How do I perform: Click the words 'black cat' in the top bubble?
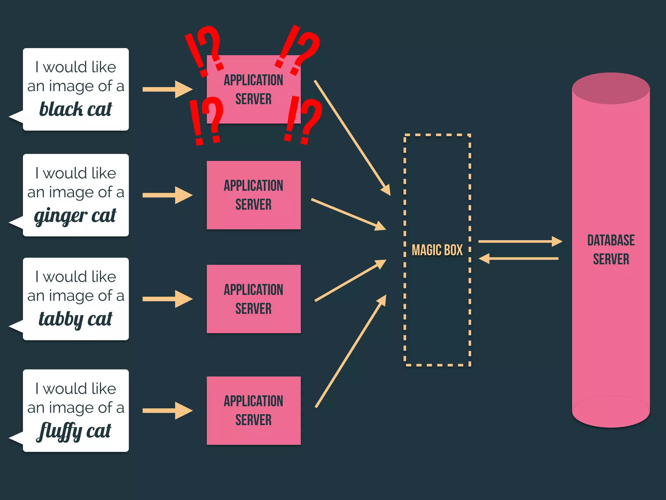click(x=75, y=109)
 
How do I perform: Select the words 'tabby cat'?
click(x=75, y=319)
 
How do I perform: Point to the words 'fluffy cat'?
click(x=74, y=431)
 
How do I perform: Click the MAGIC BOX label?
click(x=437, y=250)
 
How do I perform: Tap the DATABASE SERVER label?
click(x=611, y=250)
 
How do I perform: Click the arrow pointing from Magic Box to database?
click(x=520, y=242)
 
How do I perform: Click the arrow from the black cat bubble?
click(x=167, y=89)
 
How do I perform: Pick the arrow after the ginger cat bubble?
click(x=167, y=195)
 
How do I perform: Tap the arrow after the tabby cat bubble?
click(x=167, y=299)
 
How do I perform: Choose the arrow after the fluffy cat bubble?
click(x=167, y=410)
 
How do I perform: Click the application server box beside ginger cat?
click(x=254, y=195)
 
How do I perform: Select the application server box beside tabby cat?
click(x=254, y=299)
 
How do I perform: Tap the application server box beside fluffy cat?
click(x=254, y=410)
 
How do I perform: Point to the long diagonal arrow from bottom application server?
click(x=351, y=351)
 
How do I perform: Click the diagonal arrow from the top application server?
click(x=352, y=138)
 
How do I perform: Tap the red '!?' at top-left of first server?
click(x=204, y=50)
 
